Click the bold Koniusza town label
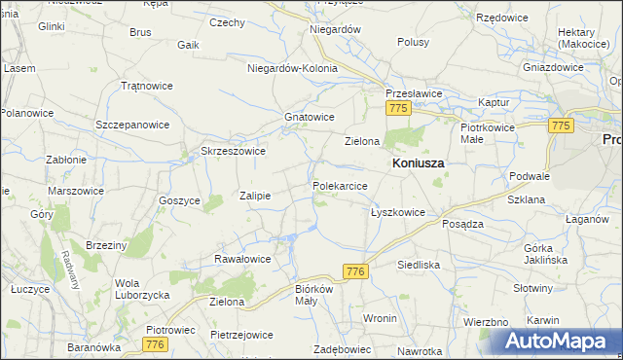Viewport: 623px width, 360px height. pyautogui.click(x=418, y=163)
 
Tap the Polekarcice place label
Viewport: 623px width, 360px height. pyautogui.click(x=340, y=185)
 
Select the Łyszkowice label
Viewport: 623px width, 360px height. pyautogui.click(x=397, y=212)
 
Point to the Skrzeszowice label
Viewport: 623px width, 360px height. pyautogui.click(x=233, y=151)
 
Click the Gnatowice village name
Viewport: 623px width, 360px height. pyautogui.click(x=309, y=117)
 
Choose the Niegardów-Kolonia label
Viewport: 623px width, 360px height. pyautogui.click(x=292, y=69)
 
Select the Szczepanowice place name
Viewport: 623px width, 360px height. pyautogui.click(x=132, y=126)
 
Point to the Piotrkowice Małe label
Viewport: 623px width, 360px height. pyautogui.click(x=486, y=133)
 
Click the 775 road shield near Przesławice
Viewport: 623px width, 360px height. pyautogui.click(x=396, y=111)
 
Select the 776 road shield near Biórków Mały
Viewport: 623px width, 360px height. pyautogui.click(x=354, y=273)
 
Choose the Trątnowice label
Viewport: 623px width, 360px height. pyautogui.click(x=147, y=86)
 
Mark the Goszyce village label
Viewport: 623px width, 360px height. pyautogui.click(x=179, y=200)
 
